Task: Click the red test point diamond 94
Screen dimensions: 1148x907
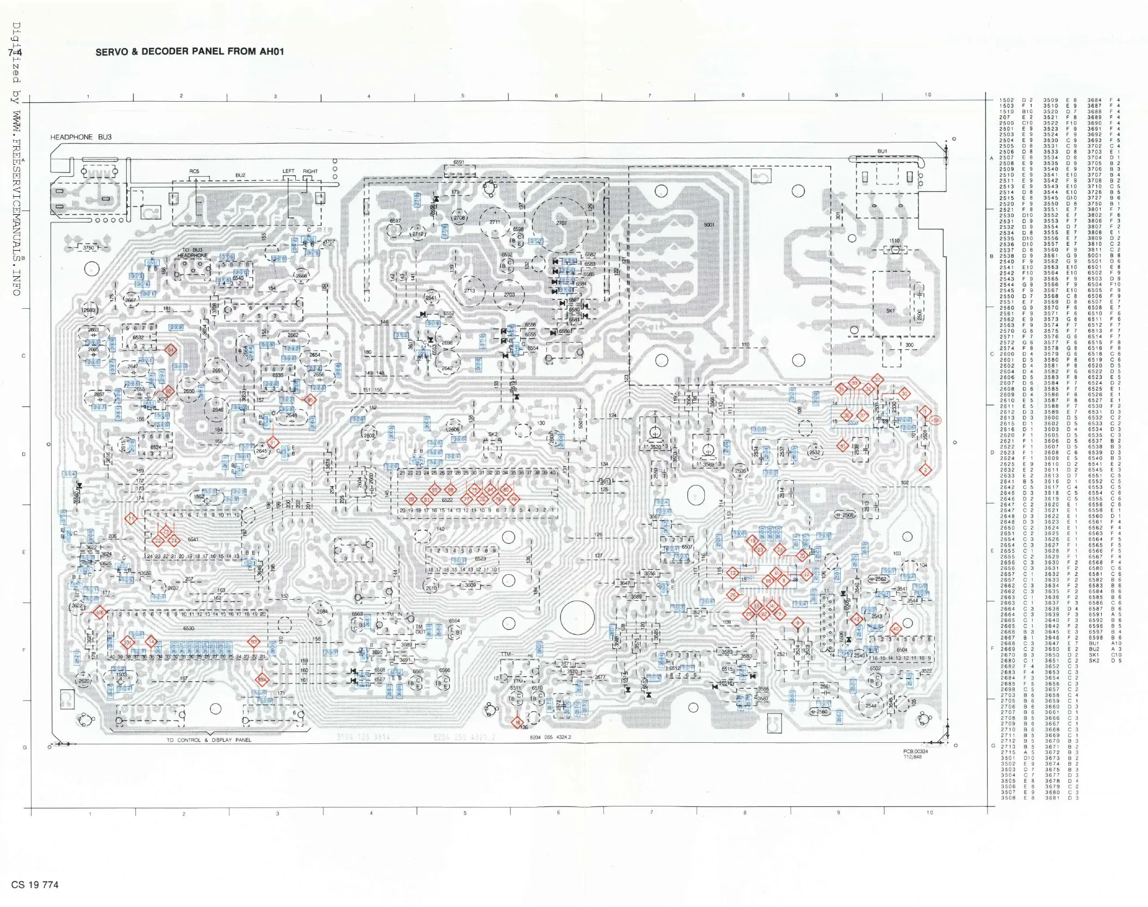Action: [171, 350]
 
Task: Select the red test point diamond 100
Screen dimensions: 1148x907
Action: [100, 612]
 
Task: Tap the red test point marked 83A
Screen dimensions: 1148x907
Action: [262, 680]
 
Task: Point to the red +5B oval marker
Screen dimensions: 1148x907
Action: [935, 420]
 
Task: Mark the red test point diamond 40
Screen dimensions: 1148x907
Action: [895, 629]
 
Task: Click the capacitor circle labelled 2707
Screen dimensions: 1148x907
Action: [561, 222]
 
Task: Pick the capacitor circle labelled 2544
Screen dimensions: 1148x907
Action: [871, 706]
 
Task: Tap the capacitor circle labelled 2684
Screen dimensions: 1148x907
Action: [322, 611]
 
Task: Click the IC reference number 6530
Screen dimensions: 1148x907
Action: [188, 628]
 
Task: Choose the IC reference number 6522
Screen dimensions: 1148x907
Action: [447, 500]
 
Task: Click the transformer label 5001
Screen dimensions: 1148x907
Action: [709, 225]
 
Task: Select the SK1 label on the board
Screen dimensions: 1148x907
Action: [890, 310]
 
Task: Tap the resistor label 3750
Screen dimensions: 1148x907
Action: [88, 247]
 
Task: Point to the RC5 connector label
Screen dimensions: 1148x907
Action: [194, 171]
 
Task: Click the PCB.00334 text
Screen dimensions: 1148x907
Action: [916, 751]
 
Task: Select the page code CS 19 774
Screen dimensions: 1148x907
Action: [35, 885]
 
